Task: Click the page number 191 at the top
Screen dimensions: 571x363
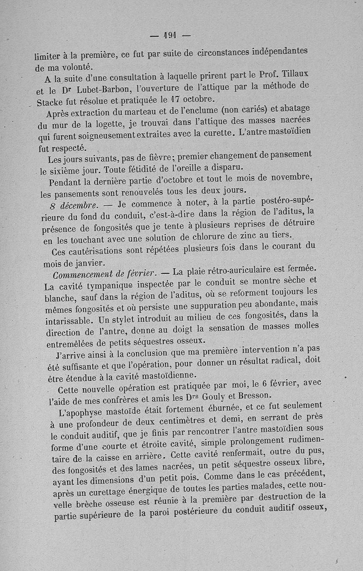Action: pos(170,34)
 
